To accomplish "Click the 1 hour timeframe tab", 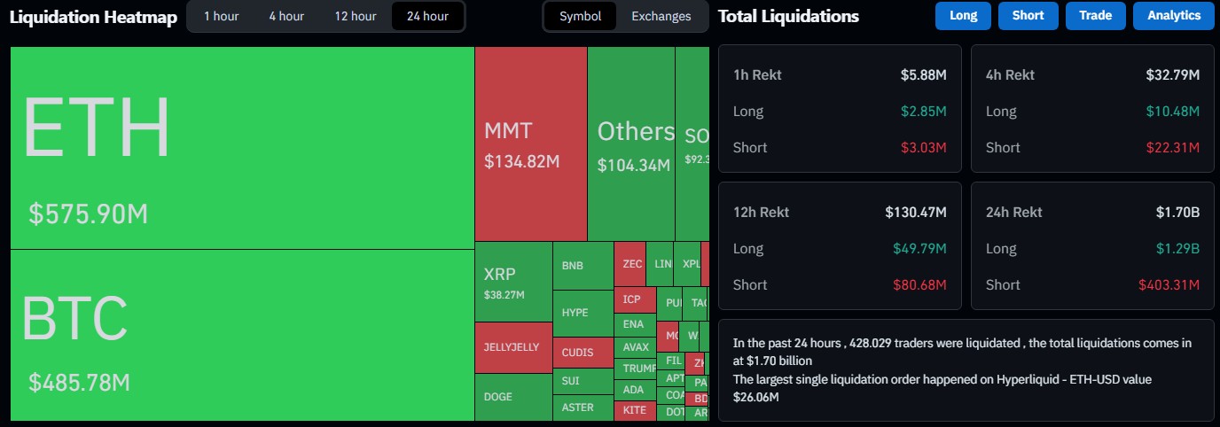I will pos(221,16).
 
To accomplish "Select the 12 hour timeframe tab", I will pos(355,16).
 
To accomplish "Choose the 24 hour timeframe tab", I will pos(427,16).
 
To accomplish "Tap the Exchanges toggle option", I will pos(661,16).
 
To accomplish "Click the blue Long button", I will pos(963,16).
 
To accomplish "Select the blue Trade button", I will pos(1095,16).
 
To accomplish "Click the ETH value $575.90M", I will pos(88,213).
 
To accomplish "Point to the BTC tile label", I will pos(74,319).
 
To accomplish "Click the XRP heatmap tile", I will pos(513,281).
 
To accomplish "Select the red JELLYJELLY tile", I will pos(513,347).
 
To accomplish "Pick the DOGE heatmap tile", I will pos(513,397).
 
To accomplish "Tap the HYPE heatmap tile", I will pos(583,313).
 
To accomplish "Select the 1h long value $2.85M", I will pos(927,111).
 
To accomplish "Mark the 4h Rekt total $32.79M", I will pos(1172,74).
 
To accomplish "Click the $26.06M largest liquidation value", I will pos(756,397).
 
